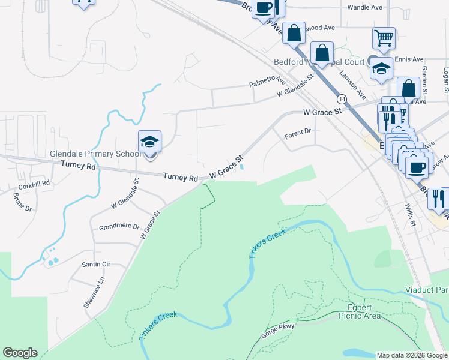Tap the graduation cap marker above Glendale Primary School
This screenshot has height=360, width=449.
[x=149, y=142]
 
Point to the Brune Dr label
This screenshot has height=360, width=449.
[x=23, y=204]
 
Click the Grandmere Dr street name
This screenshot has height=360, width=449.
[x=119, y=227]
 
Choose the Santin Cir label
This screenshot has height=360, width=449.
[x=96, y=264]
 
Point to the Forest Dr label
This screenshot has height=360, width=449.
[x=298, y=133]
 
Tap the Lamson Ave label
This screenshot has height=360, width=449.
[x=352, y=83]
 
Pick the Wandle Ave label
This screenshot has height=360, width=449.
[x=364, y=8]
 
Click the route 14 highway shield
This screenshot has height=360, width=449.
[x=341, y=98]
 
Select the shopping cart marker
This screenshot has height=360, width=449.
[x=384, y=38]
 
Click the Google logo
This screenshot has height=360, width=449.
[x=20, y=353]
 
